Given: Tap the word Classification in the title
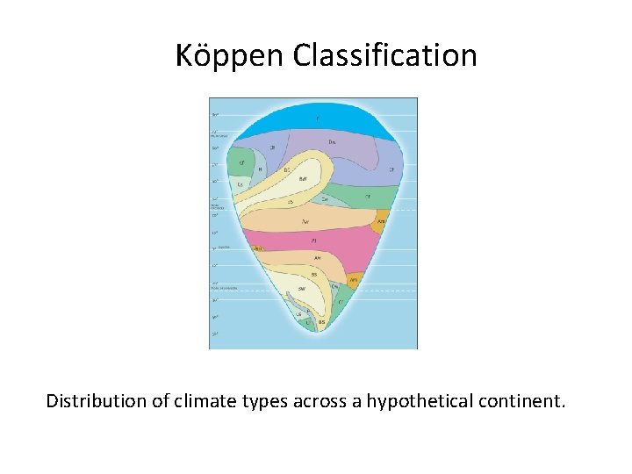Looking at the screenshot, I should (x=384, y=56).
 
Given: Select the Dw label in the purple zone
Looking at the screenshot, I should (x=332, y=141).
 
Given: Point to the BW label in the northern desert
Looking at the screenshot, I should (x=303, y=178).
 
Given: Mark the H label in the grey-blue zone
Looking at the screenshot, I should (x=260, y=169).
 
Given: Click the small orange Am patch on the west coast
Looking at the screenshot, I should (x=258, y=248).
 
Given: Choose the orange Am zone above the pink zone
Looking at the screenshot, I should (x=381, y=222).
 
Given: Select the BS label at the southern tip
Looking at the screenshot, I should (x=321, y=322).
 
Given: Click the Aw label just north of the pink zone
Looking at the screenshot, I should (x=305, y=221).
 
